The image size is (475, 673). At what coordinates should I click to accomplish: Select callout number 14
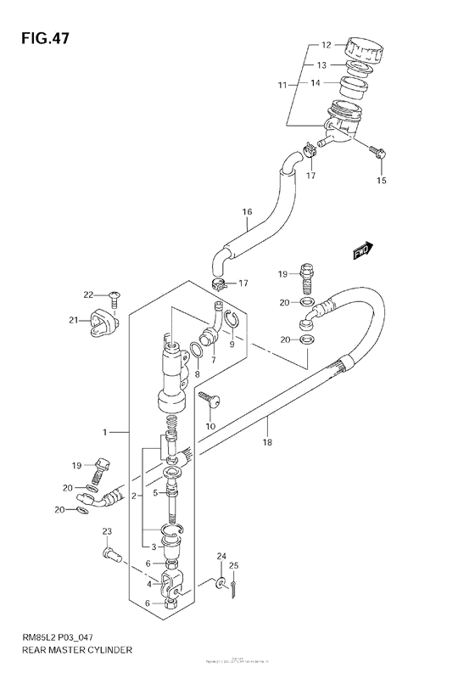click(x=314, y=83)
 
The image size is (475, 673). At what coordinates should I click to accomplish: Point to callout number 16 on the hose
click(x=248, y=211)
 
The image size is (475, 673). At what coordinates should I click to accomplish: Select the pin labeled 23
click(x=109, y=556)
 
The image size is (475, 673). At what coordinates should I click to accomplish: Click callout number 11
click(x=282, y=85)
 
